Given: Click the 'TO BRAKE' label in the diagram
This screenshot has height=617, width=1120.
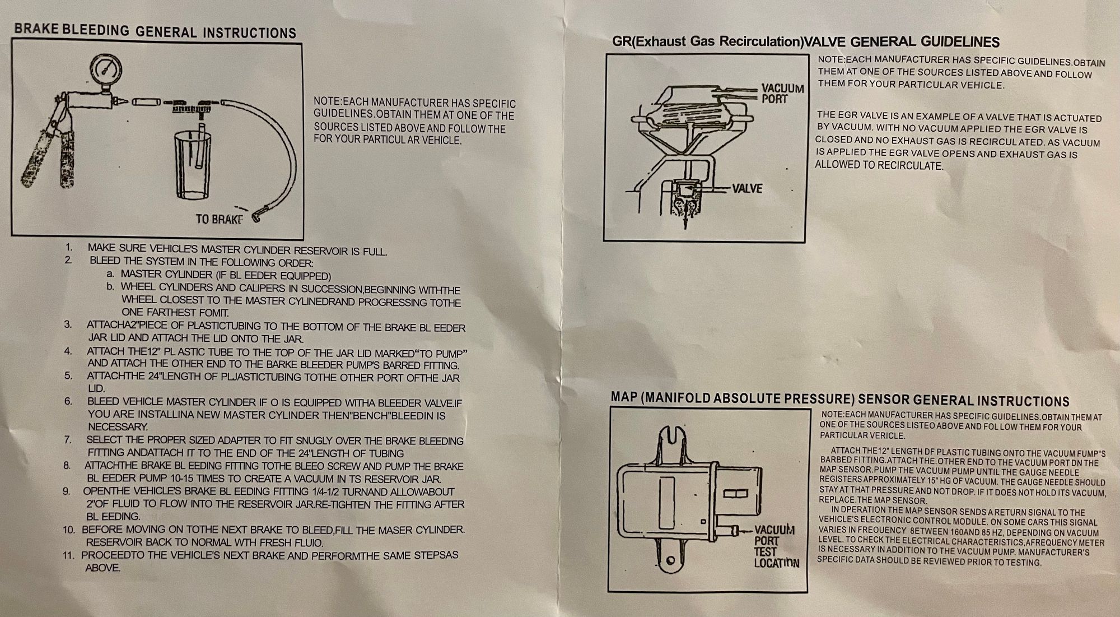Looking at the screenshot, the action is click(x=219, y=219).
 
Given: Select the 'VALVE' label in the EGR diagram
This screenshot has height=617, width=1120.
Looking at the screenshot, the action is click(x=747, y=188).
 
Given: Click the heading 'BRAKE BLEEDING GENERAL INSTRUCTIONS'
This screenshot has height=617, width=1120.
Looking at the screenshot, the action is click(x=155, y=31).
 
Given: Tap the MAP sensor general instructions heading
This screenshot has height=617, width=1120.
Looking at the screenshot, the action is click(x=839, y=399).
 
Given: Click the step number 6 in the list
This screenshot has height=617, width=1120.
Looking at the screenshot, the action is click(x=68, y=401).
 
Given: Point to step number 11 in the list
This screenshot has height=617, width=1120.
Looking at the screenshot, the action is click(x=68, y=555).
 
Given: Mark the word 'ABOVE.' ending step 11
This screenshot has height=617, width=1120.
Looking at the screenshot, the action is click(x=103, y=568).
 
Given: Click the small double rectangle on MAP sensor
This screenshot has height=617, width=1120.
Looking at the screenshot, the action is click(x=735, y=494).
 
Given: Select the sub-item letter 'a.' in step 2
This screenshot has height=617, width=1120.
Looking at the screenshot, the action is click(x=111, y=274).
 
